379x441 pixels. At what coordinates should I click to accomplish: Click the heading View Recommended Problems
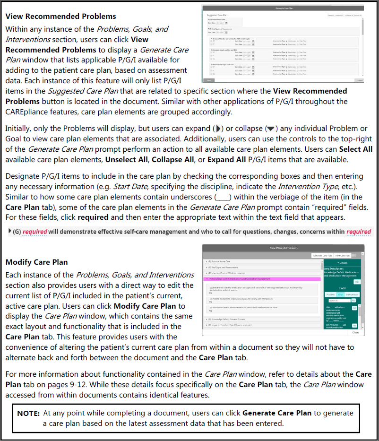click(x=60, y=17)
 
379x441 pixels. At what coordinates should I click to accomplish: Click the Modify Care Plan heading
click(x=36, y=262)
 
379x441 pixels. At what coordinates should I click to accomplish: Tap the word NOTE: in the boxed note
click(x=28, y=413)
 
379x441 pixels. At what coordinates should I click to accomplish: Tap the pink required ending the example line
click(x=358, y=232)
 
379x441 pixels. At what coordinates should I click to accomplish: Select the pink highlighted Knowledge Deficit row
click(x=246, y=279)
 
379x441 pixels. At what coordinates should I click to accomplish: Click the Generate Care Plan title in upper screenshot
click(x=282, y=9)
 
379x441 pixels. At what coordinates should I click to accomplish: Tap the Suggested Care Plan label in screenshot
click(x=211, y=15)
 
